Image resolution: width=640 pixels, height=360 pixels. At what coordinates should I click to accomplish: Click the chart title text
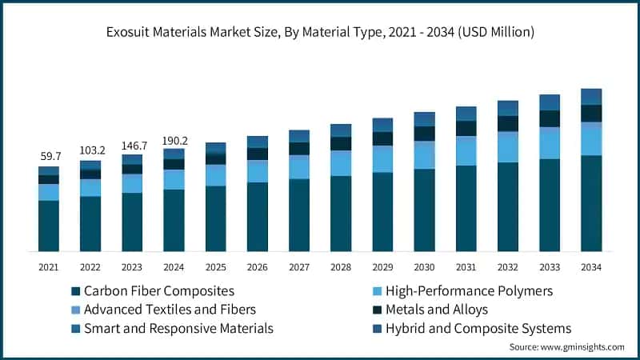pos(320,32)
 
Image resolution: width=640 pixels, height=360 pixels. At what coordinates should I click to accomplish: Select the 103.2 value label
pos(90,150)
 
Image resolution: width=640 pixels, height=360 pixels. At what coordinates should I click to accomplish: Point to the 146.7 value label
pos(132,146)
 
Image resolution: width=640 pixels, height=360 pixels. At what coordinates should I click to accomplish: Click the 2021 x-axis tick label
pos(49,266)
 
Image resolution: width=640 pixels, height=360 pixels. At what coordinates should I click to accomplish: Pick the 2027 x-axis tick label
pos(299,266)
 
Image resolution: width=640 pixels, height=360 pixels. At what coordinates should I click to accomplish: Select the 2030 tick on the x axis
pos(424,266)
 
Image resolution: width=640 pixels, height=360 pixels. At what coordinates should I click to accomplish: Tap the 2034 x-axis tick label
pos(591,266)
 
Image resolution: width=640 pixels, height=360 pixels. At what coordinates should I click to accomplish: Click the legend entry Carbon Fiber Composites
pos(152,290)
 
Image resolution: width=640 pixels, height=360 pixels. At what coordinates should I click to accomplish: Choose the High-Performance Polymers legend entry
pos(468,290)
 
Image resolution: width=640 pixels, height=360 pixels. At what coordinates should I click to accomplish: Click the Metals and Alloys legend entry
pos(436,310)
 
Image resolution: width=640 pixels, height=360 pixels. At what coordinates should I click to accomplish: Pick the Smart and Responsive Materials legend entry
pos(171,329)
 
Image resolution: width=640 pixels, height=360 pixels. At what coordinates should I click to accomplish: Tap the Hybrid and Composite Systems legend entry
pos(477,329)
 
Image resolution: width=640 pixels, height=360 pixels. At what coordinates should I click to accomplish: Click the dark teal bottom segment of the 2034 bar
pos(591,204)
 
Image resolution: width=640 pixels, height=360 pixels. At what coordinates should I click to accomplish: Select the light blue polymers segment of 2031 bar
pos(466,151)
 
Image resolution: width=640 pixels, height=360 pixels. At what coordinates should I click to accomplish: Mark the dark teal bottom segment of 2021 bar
pos(49,226)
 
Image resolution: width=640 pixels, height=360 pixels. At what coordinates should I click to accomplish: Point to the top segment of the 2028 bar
pos(341,130)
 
